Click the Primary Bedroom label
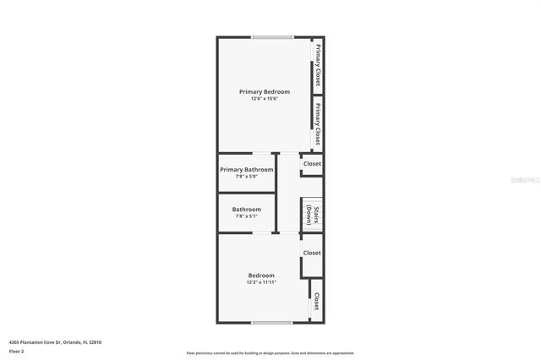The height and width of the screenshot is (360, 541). (265, 91)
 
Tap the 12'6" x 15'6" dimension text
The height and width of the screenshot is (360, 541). (265, 99)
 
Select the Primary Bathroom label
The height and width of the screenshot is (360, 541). (247, 169)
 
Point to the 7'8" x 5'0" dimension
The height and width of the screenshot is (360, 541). (247, 177)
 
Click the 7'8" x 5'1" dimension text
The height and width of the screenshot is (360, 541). (247, 216)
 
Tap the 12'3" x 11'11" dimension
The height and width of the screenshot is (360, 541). (261, 282)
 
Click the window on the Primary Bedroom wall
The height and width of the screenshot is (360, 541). (272, 37)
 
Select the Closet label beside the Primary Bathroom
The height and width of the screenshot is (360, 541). (313, 164)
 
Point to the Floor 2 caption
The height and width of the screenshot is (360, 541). (16, 350)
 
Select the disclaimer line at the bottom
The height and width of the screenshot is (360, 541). (270, 353)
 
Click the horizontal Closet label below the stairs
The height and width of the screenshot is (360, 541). (312, 253)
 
